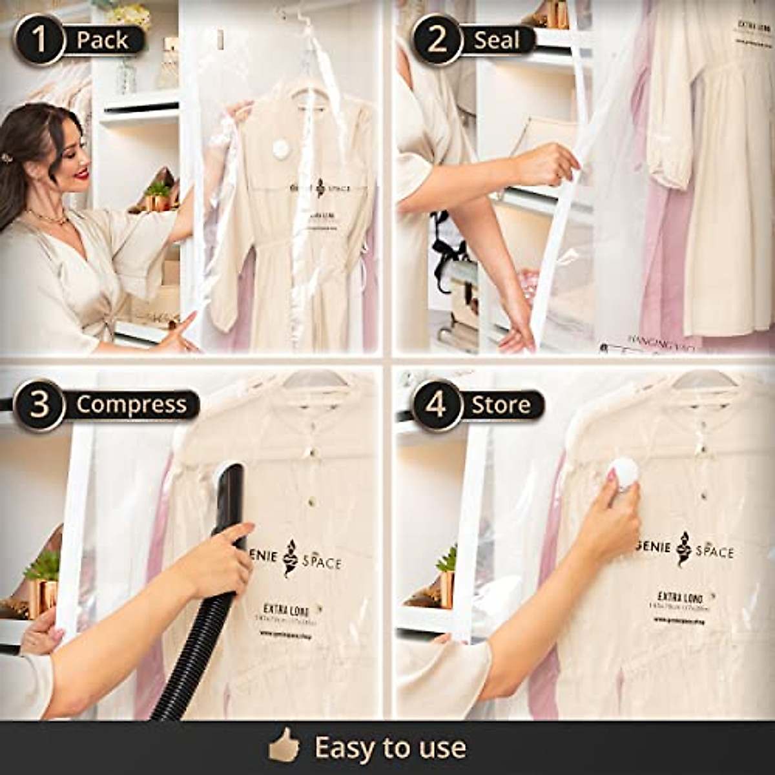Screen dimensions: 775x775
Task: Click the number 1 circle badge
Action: [39, 39]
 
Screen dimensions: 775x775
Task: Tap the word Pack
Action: [103, 40]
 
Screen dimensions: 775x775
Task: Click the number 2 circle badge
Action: [437, 39]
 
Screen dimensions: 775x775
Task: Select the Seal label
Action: [497, 40]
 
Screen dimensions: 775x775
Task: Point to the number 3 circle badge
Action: [39, 405]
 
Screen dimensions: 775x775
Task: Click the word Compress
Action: [131, 405]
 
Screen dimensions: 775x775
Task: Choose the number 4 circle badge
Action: [437, 405]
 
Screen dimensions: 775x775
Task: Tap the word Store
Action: [501, 405]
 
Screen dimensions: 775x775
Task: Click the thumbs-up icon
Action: [284, 748]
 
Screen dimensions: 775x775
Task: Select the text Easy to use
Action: [390, 748]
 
